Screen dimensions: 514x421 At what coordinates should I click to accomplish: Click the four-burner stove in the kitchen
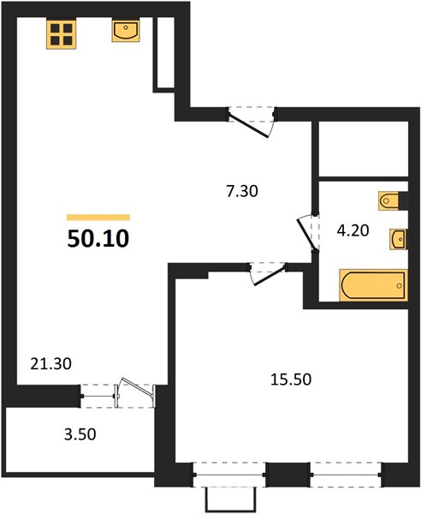[x=61, y=34]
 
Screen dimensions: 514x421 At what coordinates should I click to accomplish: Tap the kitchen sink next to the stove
[x=125, y=32]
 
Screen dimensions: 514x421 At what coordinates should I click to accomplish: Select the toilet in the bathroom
[x=390, y=202]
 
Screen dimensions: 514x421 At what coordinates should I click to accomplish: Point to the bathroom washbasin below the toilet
[x=397, y=237]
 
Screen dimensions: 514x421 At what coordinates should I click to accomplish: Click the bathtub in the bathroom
[x=373, y=284]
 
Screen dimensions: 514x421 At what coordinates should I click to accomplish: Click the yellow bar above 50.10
[x=98, y=218]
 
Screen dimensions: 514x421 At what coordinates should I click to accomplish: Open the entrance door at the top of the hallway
[x=252, y=119]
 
